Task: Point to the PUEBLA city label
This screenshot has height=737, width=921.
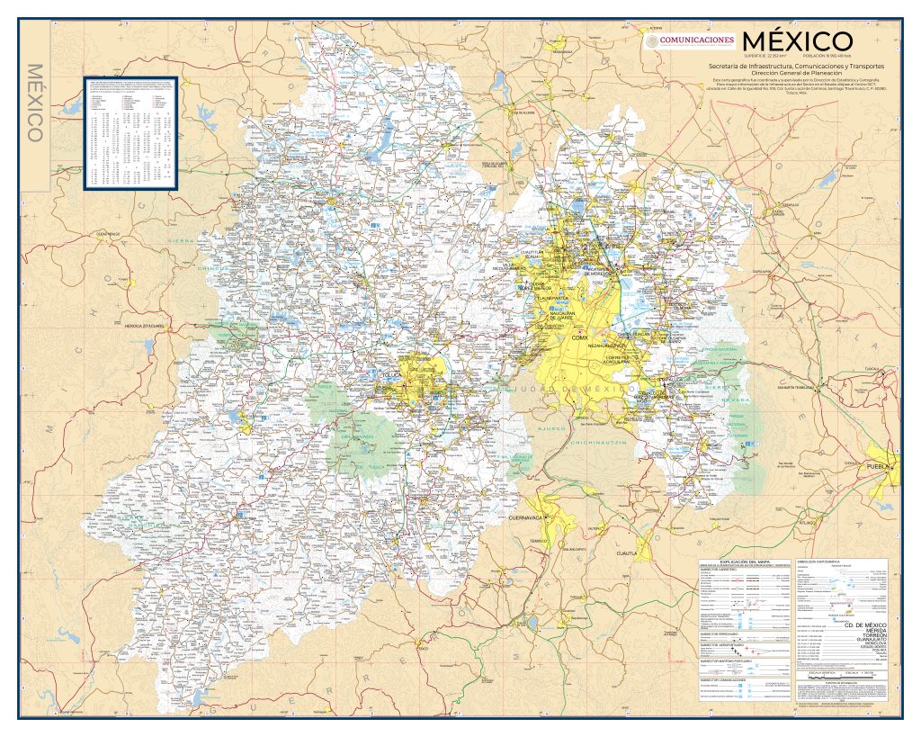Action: [x=877, y=467]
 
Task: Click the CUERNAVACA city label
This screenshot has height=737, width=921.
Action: [x=528, y=518]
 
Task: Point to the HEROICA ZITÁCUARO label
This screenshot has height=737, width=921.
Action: [x=136, y=326]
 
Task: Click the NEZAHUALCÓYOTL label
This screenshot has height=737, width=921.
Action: [x=604, y=345]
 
